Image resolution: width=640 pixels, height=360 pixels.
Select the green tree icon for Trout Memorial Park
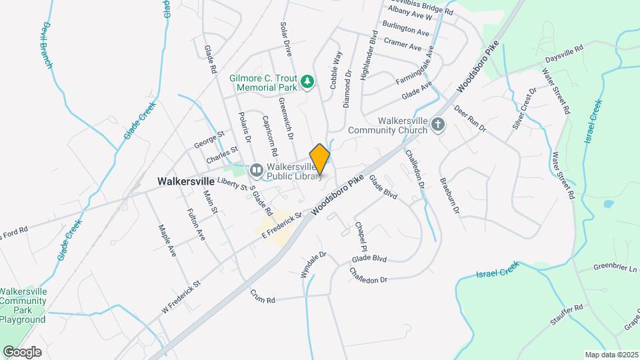click(307, 82)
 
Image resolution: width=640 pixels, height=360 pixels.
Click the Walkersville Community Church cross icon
click(437, 125)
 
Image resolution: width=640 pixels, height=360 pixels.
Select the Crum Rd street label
click(263, 296)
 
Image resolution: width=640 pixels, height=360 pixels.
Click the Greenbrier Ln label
click(617, 268)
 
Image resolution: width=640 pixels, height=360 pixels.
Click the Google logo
click(22, 351)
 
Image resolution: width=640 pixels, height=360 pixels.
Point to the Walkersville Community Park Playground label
click(23, 305)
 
